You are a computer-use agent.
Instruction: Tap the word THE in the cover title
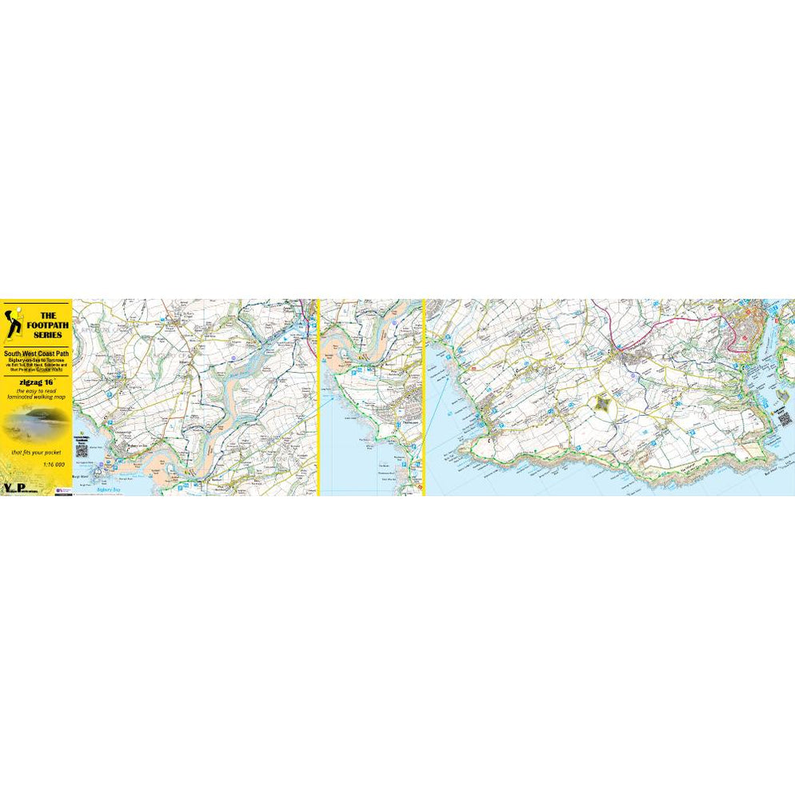pos(47,315)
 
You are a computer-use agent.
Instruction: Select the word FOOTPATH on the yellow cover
pos(48,326)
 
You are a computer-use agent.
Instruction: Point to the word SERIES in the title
pos(48,336)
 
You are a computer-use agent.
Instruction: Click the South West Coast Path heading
pos(36,354)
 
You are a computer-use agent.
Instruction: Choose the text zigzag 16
pos(36,382)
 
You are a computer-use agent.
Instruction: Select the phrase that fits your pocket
pos(36,453)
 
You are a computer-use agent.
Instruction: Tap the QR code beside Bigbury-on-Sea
pos(82,449)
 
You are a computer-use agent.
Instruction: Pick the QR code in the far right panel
pos(785,417)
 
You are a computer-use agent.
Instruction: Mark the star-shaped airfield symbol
pos(604,405)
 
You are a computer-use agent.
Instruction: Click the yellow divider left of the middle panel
pos(318,397)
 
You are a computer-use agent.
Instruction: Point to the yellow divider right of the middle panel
pos(423,397)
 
